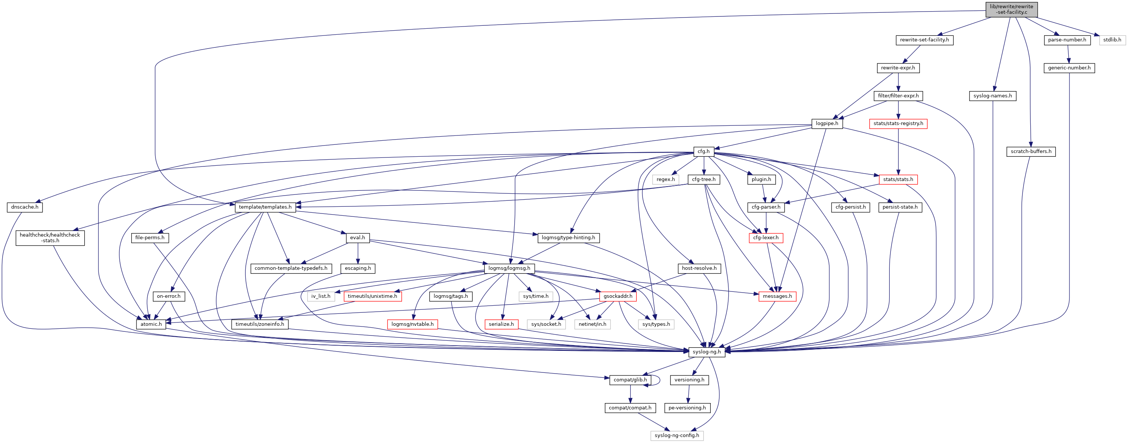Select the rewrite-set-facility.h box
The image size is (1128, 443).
(x=924, y=40)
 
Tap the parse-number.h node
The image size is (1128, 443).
(x=1067, y=40)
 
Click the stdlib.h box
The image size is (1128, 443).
(x=1112, y=40)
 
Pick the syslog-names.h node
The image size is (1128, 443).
(x=992, y=96)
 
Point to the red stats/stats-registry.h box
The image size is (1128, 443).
(x=898, y=124)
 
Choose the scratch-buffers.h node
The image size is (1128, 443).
(x=1031, y=152)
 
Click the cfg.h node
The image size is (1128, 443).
(x=703, y=152)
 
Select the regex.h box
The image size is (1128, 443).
(x=665, y=179)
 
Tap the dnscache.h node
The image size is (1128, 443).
(x=25, y=207)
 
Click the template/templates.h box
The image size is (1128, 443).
(x=265, y=207)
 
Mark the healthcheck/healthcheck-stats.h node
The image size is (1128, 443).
(x=50, y=237)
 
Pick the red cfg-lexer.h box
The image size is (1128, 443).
(x=766, y=237)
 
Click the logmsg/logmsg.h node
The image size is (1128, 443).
(x=509, y=268)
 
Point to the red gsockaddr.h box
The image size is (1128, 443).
(x=618, y=296)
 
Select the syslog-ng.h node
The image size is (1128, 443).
(x=706, y=352)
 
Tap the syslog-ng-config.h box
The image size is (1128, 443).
(x=676, y=436)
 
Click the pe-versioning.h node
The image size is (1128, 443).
(x=686, y=408)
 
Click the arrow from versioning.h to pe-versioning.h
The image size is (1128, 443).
(x=688, y=393)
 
